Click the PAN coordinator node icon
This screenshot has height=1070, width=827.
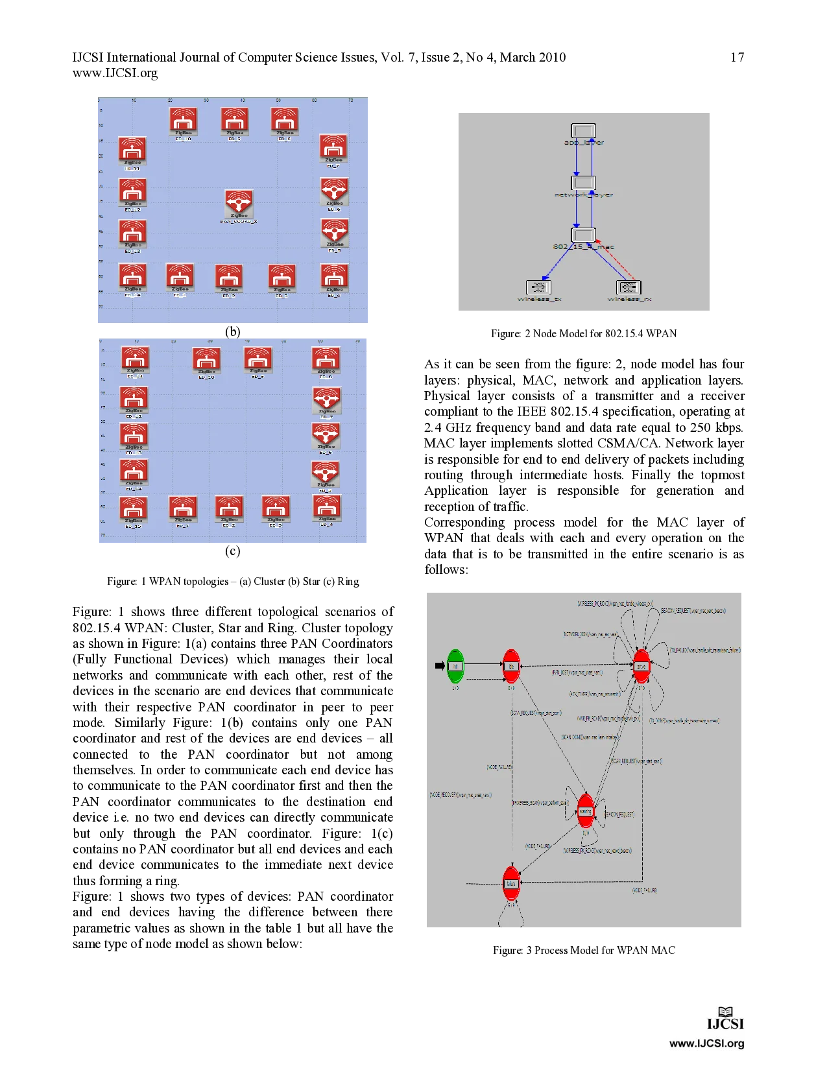[239, 202]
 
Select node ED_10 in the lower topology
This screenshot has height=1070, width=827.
[206, 359]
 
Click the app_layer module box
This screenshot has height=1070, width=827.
[583, 130]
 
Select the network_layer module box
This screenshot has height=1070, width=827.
[583, 183]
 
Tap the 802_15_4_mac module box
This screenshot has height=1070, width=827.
[583, 235]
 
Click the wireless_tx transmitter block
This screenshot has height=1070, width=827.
[538, 287]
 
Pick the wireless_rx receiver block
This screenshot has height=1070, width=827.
[628, 287]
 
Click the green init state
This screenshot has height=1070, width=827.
[455, 666]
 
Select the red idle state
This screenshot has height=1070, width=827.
[511, 666]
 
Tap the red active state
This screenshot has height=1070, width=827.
[641, 666]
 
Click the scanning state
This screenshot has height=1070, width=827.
[586, 811]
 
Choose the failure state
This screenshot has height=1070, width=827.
[511, 883]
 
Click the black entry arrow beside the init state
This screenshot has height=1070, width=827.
[439, 665]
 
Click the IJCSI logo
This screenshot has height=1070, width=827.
[726, 1019]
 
